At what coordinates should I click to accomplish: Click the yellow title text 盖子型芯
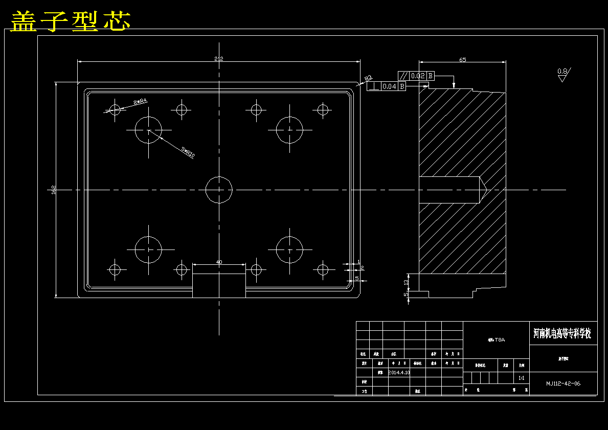point(71,21)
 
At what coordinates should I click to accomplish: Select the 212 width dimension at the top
point(219,59)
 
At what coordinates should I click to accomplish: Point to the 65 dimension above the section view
point(462,60)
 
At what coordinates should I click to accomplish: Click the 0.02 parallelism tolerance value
point(418,76)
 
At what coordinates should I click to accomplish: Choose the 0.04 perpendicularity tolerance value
point(389,86)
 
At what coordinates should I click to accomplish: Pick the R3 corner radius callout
point(368,78)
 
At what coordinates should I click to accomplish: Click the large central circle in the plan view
point(219,190)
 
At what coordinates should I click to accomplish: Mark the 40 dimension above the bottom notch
point(219,262)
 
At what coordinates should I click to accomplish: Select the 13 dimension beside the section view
point(406,282)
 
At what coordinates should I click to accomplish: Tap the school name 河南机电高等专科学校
point(562,334)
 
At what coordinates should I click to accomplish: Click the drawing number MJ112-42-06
point(562,383)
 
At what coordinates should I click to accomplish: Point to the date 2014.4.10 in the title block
point(399,373)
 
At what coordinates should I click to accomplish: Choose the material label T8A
point(497,340)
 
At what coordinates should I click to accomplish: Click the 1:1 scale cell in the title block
point(522,378)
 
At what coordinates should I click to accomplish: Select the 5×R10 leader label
point(188,151)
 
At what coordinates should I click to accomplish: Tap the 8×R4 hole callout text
point(140,102)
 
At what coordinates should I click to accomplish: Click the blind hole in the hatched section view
point(450,189)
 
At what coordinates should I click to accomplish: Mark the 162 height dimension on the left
point(54,190)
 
